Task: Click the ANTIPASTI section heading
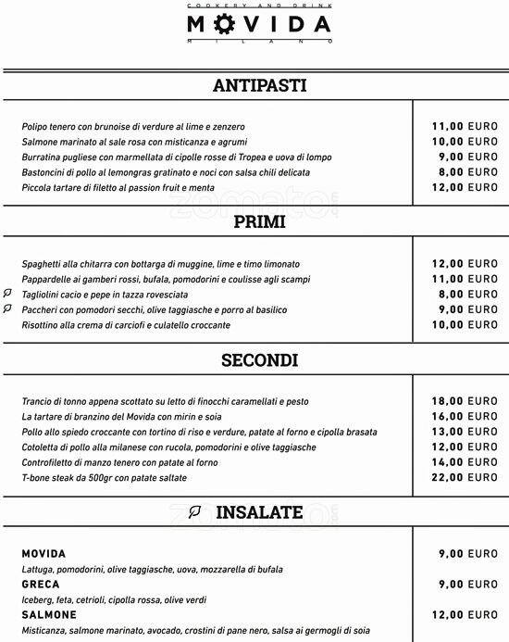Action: [259, 86]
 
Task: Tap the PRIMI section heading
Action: [259, 222]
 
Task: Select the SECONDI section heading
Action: [259, 359]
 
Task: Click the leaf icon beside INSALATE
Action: [195, 511]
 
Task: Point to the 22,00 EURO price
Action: [465, 477]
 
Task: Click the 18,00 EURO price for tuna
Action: [465, 401]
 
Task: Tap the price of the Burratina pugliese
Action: [465, 157]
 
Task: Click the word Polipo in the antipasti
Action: [34, 126]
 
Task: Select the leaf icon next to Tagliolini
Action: [7, 294]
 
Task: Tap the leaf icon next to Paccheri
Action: [7, 308]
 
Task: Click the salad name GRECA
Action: [41, 585]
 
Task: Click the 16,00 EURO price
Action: [465, 416]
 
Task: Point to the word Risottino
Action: [42, 325]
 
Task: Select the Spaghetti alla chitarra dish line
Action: [160, 264]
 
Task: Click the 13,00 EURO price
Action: [465, 432]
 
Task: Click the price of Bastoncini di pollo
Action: [465, 171]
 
